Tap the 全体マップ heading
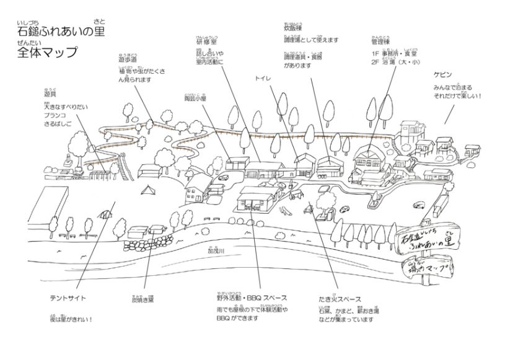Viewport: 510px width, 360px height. point(48,52)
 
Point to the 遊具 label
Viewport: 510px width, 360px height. point(50,95)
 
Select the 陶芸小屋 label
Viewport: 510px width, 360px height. point(195,98)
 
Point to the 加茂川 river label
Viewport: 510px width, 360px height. point(216,253)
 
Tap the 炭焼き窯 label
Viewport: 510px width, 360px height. point(143,299)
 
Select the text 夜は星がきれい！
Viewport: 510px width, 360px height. point(71,320)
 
